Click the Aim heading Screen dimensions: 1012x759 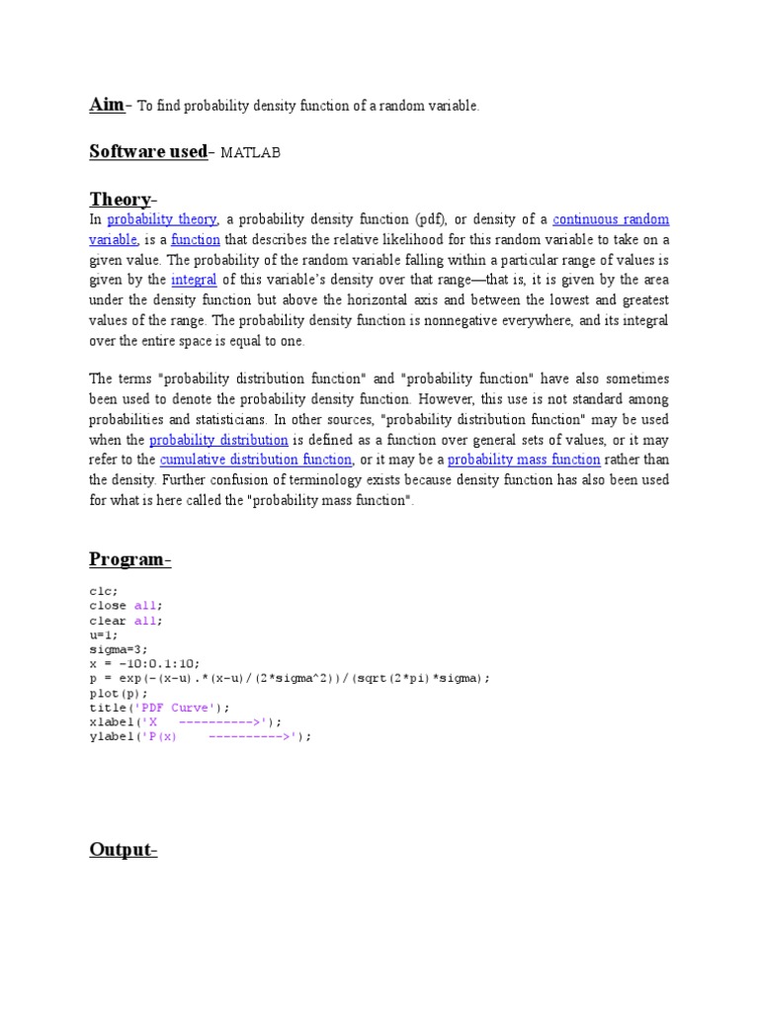coord(107,105)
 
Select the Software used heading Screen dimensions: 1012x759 coord(148,151)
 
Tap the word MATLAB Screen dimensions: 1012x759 coord(250,153)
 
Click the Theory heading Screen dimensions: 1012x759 coord(120,199)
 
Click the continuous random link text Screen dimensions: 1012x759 coord(611,219)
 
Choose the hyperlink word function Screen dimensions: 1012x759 coord(194,240)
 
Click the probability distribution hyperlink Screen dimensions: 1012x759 coord(218,440)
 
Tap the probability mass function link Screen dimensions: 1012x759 coord(524,460)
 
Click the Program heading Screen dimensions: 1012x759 coord(127,559)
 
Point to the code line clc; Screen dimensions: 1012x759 coord(103,592)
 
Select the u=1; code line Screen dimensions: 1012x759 coord(103,635)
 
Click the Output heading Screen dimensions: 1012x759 coord(123,850)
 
